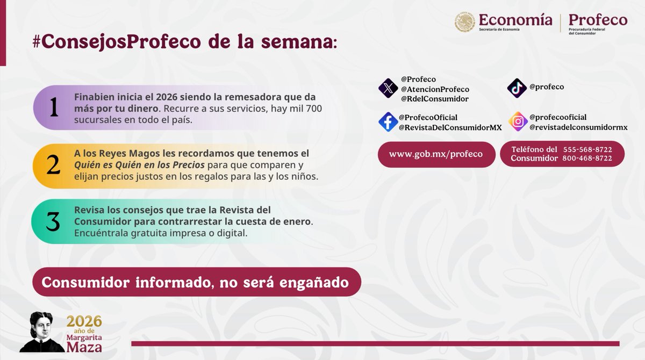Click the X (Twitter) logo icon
(388, 88)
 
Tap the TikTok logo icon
(517, 88)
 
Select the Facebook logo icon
(388, 122)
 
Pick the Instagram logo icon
(518, 122)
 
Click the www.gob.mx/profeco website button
(436, 154)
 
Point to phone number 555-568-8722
(587, 149)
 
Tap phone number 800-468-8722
(587, 159)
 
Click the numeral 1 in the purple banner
(53, 107)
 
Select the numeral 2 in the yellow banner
(53, 165)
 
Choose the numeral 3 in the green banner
(53, 222)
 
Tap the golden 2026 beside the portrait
(84, 321)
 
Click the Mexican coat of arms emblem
(464, 22)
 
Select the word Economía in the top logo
(515, 20)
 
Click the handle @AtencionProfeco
(435, 89)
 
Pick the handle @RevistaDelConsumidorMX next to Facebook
(450, 127)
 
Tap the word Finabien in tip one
(94, 97)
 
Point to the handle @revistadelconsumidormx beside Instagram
(578, 127)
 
